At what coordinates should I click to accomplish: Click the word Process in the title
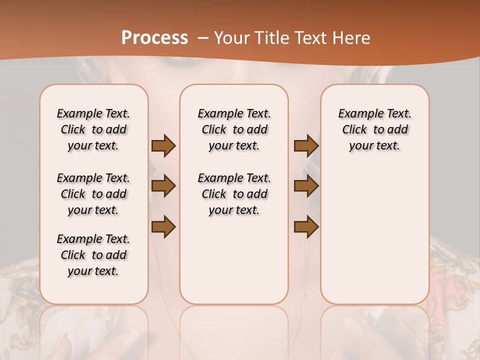coord(154,38)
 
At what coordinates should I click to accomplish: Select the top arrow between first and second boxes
coord(163,146)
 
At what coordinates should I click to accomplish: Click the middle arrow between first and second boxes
coord(163,186)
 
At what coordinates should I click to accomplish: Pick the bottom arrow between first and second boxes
coord(163,226)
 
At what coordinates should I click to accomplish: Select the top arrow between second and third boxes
coord(306,146)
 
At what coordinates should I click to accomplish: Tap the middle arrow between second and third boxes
coord(306,186)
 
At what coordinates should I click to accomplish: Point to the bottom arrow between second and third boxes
coord(306,226)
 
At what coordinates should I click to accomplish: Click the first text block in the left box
coord(93,129)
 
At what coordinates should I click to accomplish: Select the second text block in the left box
coord(93,194)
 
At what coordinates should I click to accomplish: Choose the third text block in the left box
coord(93,255)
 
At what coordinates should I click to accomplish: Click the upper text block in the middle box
coord(234,129)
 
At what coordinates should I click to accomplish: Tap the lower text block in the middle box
coord(234,194)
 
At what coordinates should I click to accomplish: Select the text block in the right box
coord(375,129)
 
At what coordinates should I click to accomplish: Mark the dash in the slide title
coord(203,38)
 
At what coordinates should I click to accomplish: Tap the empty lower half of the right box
coord(375,240)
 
